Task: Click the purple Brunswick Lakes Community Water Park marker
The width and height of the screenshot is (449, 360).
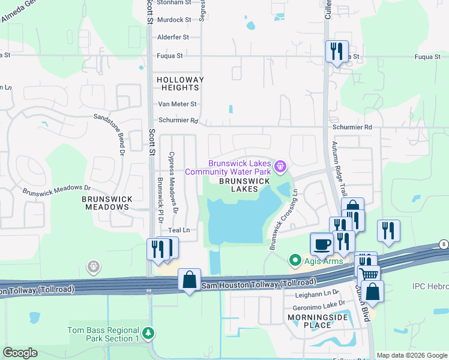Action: (280, 165)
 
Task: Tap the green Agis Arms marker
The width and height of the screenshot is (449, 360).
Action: (294, 260)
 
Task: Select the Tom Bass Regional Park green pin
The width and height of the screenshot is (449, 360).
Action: (149, 332)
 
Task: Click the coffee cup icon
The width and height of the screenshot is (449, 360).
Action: (322, 244)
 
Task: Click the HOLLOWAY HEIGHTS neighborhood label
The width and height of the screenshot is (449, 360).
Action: (180, 83)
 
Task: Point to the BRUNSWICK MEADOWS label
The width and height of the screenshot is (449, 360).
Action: (106, 202)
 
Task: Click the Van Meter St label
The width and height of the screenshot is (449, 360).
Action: (176, 104)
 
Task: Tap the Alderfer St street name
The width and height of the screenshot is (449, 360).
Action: (173, 37)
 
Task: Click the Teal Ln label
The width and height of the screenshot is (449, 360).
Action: (179, 230)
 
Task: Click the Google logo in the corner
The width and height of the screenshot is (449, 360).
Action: (20, 353)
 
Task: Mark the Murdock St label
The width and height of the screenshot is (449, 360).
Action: (173, 20)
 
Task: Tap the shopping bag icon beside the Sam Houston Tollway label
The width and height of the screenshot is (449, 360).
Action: (190, 280)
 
